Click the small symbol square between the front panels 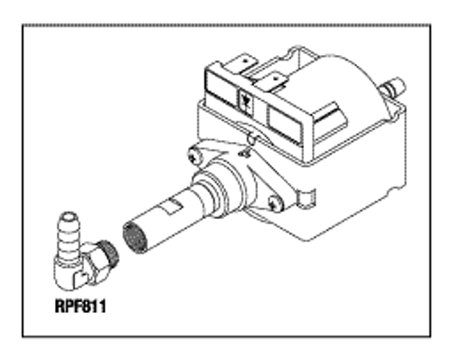point(247,99)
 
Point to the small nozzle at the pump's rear point(393,88)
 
